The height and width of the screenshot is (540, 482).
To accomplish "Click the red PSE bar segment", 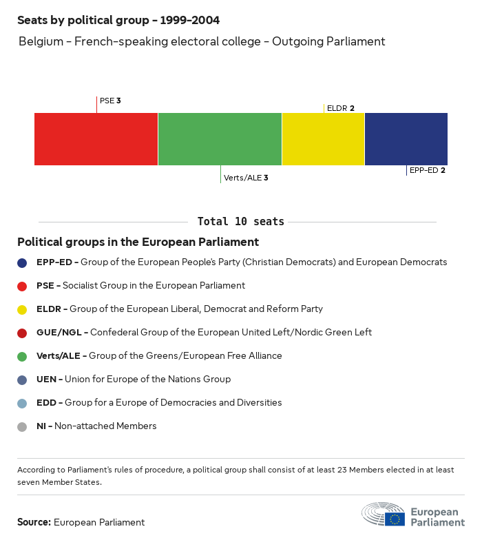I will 96,139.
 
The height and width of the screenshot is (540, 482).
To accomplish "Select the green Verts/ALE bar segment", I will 220,139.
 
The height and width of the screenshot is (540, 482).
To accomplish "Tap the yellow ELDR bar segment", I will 323,139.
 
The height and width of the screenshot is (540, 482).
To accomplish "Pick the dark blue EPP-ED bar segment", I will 406,139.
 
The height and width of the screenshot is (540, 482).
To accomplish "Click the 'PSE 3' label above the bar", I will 110,101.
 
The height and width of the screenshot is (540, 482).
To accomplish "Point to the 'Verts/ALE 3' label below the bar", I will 246,178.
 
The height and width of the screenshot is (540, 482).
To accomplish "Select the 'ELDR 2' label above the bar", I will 341,108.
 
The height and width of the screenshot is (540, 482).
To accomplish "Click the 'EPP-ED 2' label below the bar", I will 427,170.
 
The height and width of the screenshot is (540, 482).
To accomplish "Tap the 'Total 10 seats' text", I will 240,222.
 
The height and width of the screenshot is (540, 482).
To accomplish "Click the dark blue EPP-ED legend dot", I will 22,262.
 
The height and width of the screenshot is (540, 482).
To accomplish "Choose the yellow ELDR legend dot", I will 22,309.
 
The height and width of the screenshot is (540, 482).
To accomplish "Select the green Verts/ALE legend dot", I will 22,356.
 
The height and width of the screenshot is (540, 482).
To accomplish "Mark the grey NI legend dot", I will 22,426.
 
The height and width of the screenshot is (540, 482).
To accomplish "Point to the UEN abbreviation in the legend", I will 47,380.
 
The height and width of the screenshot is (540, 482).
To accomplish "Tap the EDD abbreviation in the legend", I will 47,403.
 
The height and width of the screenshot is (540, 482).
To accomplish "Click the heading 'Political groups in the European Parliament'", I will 138,242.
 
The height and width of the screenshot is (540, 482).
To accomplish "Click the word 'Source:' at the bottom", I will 34,522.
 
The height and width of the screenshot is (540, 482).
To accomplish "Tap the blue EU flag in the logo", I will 395,519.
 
